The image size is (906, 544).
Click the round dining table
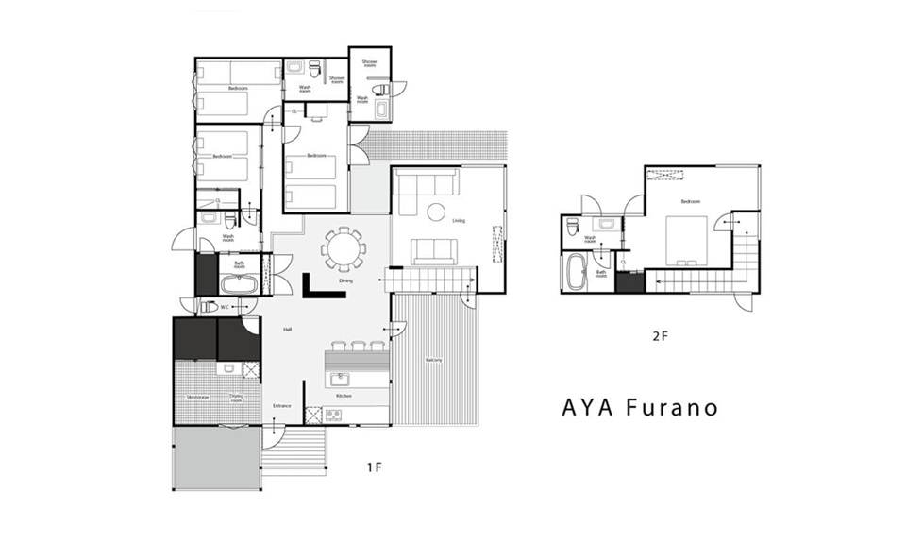(x=344, y=250)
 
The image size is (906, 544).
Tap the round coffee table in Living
(x=436, y=212)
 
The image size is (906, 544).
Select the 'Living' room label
(x=459, y=221)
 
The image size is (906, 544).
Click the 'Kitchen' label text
(x=344, y=396)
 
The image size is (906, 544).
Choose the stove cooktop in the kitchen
(x=334, y=414)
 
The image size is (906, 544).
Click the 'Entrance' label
(x=282, y=406)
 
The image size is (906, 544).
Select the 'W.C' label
(x=226, y=307)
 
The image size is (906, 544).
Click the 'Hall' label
(x=287, y=329)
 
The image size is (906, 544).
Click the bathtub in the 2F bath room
(x=575, y=272)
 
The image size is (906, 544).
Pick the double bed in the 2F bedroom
(x=686, y=239)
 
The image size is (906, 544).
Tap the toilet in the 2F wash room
(x=572, y=226)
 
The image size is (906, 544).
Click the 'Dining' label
(x=345, y=280)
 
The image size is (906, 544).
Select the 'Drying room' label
(x=236, y=398)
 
